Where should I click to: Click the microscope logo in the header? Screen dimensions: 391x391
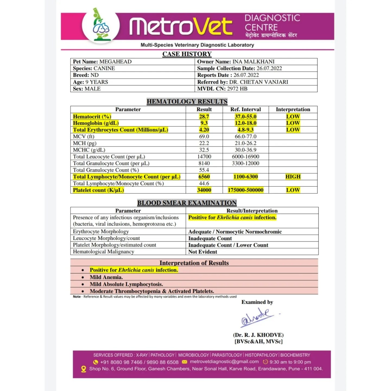click(x=101, y=25)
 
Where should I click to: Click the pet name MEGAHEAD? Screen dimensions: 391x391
click(x=115, y=62)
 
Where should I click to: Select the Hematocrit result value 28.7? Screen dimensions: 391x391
click(x=204, y=116)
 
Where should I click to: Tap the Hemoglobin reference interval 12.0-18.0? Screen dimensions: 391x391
click(x=245, y=123)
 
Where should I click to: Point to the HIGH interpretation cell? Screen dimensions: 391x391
click(x=293, y=177)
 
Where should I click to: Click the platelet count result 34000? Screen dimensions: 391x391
click(x=204, y=190)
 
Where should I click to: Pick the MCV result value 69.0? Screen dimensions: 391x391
click(x=204, y=137)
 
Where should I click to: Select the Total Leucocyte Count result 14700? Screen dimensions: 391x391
click(x=204, y=157)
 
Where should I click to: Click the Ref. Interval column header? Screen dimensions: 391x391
click(x=245, y=109)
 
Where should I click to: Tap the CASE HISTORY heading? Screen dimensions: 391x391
click(x=187, y=54)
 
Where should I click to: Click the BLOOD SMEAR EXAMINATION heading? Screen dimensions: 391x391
click(x=187, y=203)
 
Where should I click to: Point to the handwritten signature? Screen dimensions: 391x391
click(x=257, y=317)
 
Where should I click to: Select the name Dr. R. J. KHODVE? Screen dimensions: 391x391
click(x=258, y=335)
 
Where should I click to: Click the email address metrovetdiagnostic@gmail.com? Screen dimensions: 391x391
click(x=224, y=362)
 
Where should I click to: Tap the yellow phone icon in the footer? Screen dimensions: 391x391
click(x=96, y=362)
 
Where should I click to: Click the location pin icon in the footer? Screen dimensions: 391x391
click(x=84, y=369)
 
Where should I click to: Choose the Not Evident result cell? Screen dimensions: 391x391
click(x=203, y=252)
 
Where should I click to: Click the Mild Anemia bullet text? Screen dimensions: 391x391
click(x=106, y=277)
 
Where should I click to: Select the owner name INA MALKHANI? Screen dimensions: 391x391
click(x=253, y=62)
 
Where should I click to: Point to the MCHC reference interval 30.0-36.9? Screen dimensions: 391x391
click(x=245, y=150)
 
